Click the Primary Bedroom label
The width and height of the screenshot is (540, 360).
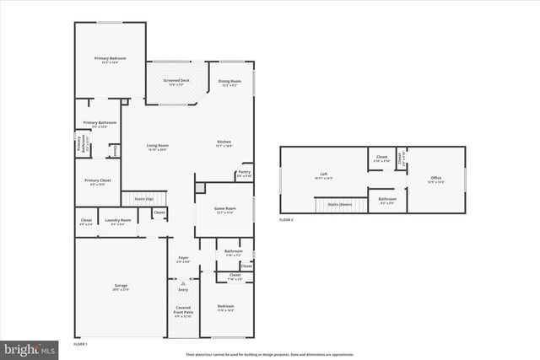point(110,58)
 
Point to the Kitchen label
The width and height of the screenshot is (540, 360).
point(224,142)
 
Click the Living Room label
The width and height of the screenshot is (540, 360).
point(158,147)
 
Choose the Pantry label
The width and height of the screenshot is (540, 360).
point(244,173)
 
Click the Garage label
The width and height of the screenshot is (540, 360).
point(121,287)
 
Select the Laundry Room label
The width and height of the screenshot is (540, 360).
point(118,222)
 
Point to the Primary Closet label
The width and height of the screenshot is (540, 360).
point(97,181)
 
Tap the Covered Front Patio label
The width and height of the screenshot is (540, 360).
point(183,309)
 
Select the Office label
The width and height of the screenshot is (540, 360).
point(435,179)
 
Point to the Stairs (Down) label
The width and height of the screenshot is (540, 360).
point(339,204)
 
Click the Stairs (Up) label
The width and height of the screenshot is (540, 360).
point(143,199)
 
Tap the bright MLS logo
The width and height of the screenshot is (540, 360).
point(30,347)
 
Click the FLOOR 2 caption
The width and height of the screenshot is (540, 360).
point(286,220)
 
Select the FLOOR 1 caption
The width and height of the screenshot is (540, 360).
point(81,344)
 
